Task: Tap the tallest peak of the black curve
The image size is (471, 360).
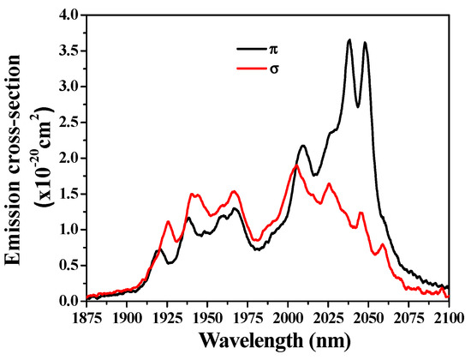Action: pos(349,39)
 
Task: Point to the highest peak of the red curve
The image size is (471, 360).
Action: pos(296,166)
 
